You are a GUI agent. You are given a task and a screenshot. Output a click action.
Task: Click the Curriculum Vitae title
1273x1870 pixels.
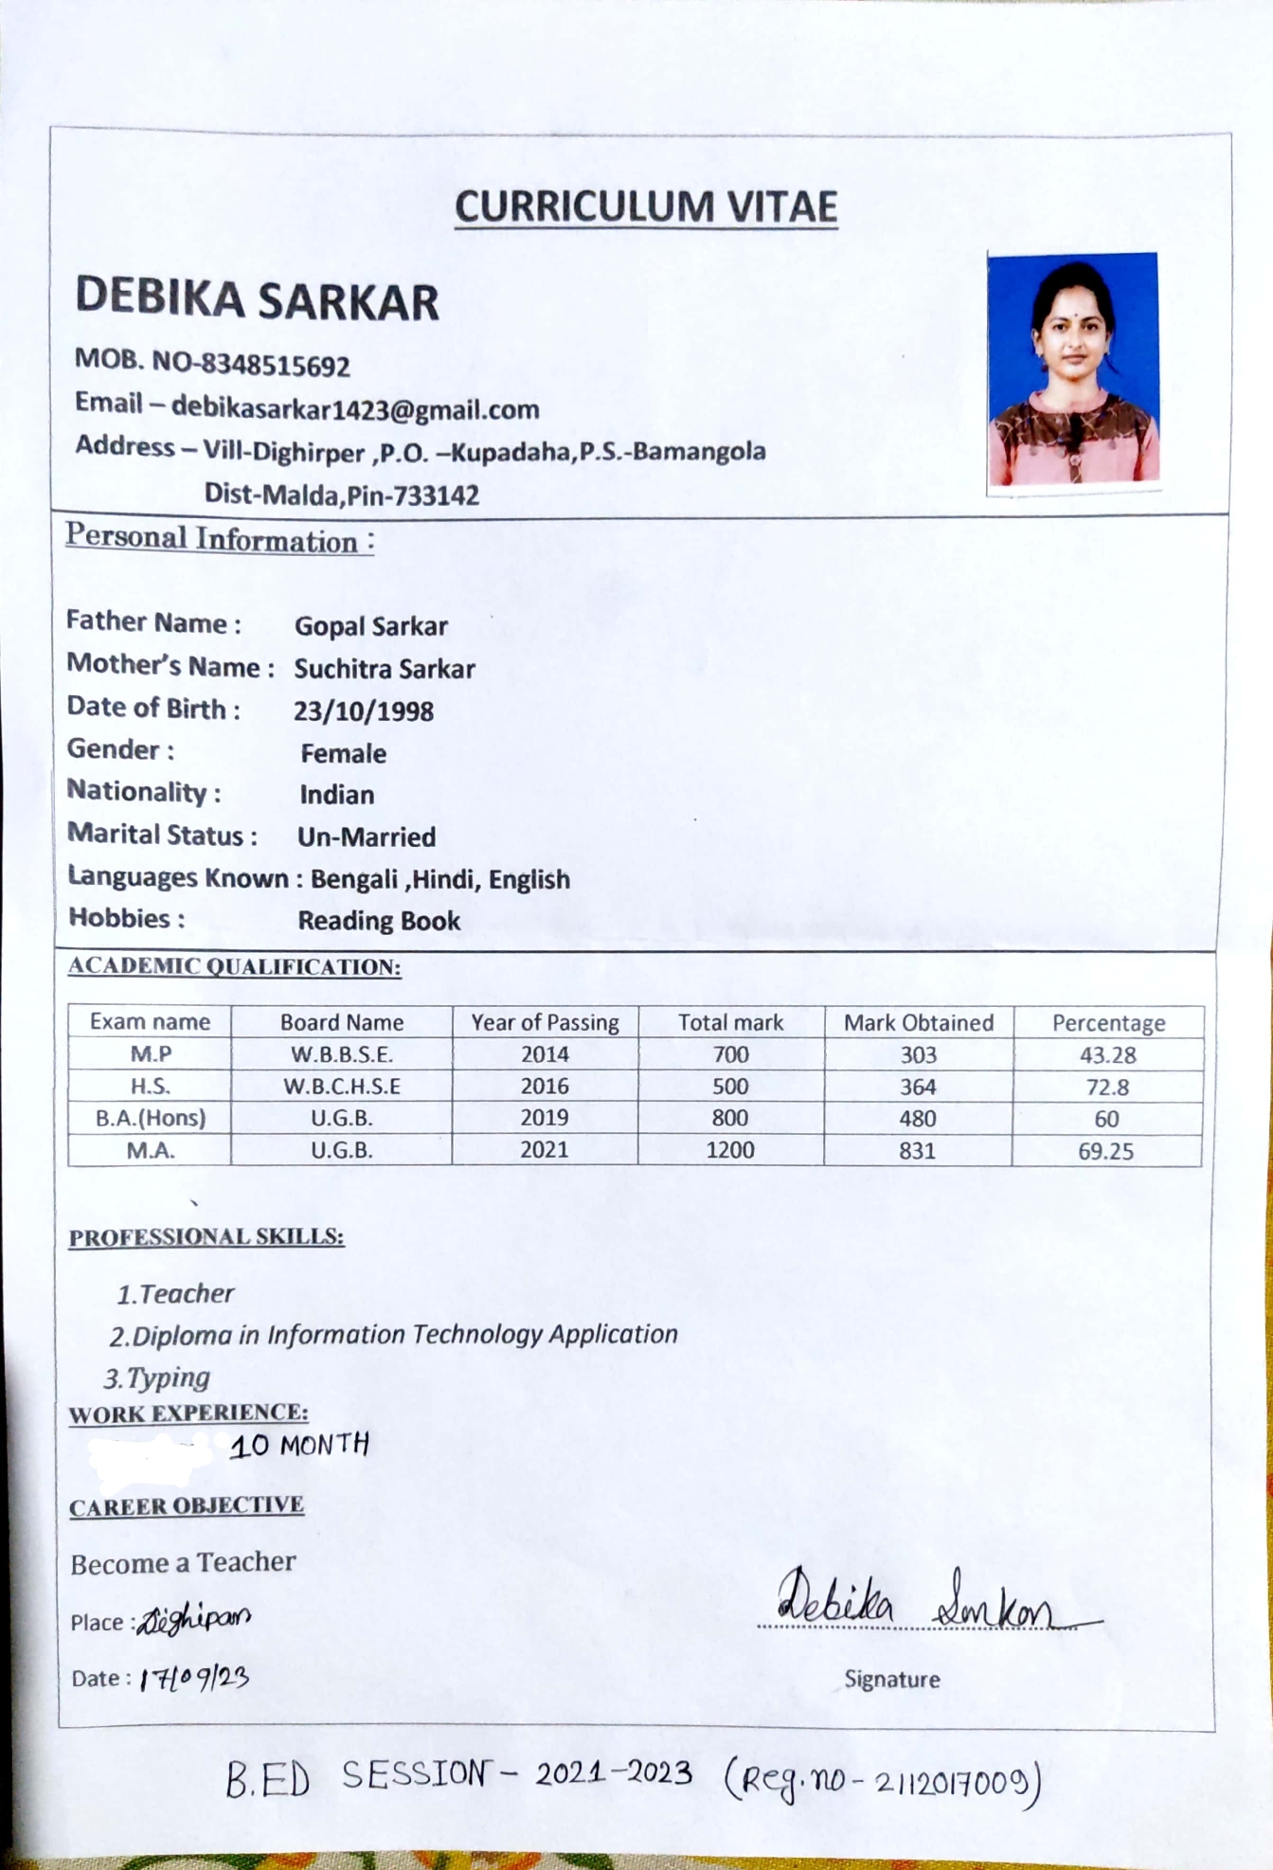(x=646, y=207)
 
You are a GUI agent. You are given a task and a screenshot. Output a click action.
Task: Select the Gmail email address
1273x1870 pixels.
(x=355, y=409)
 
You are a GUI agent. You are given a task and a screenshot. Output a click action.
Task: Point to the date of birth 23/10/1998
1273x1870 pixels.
(x=364, y=711)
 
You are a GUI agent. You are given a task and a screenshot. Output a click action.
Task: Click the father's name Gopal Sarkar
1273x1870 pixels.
(x=370, y=626)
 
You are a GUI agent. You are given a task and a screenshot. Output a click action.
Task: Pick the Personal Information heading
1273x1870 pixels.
(x=220, y=539)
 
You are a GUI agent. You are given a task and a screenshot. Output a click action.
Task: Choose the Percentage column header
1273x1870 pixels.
(x=1108, y=1023)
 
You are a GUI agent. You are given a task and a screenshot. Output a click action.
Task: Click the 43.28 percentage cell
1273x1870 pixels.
(x=1107, y=1055)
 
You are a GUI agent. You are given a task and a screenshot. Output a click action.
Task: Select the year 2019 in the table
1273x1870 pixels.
(x=545, y=1118)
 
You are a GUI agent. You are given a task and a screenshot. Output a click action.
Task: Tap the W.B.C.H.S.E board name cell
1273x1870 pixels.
(x=342, y=1087)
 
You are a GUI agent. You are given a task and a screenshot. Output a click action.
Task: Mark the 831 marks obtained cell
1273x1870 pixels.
(x=917, y=1151)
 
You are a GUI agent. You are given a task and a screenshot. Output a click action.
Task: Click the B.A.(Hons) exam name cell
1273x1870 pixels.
(x=151, y=1118)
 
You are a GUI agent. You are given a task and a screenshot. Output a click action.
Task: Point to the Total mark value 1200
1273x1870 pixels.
(x=729, y=1150)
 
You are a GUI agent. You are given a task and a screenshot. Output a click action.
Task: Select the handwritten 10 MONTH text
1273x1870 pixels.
(x=299, y=1446)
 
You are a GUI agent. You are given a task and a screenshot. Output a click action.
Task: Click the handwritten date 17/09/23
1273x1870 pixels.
(x=194, y=1679)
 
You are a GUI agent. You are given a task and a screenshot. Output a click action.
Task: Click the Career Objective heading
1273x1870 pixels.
(x=187, y=1506)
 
